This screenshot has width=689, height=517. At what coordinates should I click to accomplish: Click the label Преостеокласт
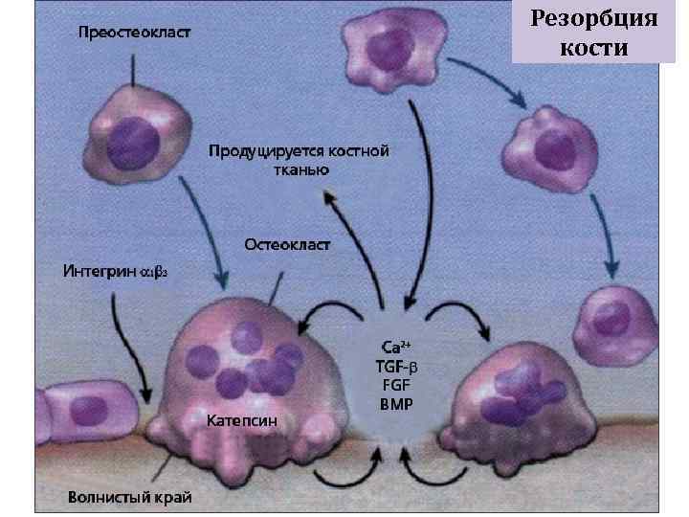[133, 32]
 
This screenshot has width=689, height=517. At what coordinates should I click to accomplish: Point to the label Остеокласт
[287, 245]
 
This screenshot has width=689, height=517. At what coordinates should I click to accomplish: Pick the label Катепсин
[242, 419]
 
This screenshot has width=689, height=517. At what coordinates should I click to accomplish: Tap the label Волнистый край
[129, 497]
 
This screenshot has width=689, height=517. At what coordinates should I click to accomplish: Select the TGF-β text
[395, 365]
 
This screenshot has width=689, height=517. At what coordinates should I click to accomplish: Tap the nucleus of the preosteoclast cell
[134, 143]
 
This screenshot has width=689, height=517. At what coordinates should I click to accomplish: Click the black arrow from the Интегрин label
[129, 345]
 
